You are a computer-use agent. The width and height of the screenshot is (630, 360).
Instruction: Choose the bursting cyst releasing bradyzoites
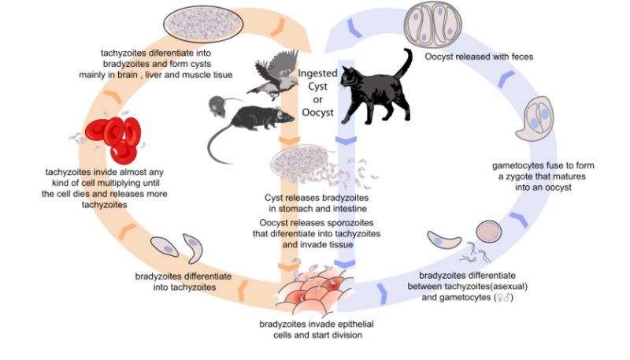[302, 165]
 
